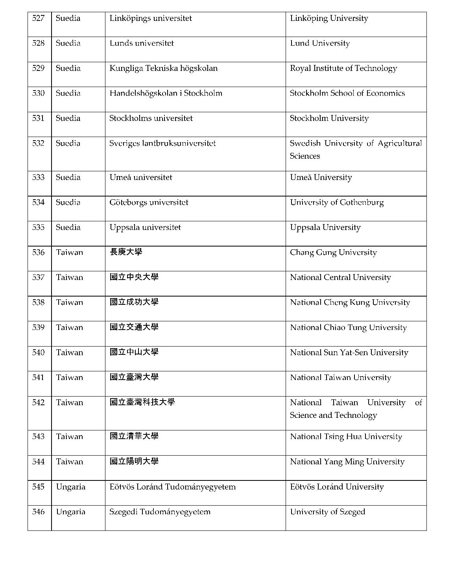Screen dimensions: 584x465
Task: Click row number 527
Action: coord(38,19)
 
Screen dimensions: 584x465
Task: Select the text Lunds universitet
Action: coord(142,43)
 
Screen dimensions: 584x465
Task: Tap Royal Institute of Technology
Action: coord(343,69)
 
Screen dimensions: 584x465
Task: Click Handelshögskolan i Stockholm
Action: coord(166,93)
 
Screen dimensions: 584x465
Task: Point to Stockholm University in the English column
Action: coord(329,119)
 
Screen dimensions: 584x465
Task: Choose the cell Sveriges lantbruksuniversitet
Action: coord(162,143)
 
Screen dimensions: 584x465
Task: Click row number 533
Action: coord(38,178)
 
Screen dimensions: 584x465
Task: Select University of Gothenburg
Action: coord(337,202)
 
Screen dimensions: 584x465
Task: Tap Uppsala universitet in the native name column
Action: coord(145,228)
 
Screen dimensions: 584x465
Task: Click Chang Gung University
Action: coord(333,252)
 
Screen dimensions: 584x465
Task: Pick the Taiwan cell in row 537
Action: coord(70,278)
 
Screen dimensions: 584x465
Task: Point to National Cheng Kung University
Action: coord(350,302)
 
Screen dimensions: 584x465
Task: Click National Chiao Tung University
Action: coord(348,328)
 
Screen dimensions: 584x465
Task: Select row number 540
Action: coord(38,352)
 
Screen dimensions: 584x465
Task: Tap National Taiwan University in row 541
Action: coord(340,378)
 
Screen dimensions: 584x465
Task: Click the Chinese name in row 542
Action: coord(142,402)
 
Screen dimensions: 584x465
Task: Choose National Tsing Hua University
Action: coord(346,437)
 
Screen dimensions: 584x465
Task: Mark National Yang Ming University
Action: coord(347,462)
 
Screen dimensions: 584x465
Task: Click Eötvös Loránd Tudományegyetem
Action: coord(173,487)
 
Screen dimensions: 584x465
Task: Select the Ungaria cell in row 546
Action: coord(71,512)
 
